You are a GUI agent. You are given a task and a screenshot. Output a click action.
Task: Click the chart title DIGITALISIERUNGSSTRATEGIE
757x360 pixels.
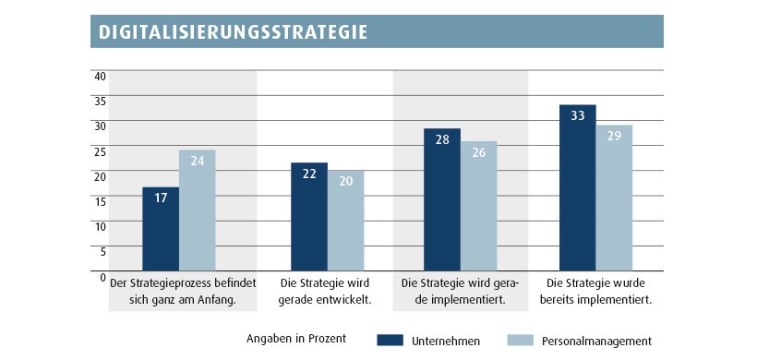pos(231,31)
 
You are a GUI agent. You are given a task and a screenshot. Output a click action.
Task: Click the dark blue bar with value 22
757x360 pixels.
pos(309,217)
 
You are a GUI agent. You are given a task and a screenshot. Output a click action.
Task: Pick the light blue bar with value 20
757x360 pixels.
pos(345,222)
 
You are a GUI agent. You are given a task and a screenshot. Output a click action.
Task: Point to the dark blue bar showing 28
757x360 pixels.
pos(442,199)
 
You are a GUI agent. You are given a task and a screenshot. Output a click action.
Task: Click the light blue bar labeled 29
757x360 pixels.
pos(614,198)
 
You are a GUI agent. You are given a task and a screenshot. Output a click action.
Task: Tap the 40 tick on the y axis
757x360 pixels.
pos(101,76)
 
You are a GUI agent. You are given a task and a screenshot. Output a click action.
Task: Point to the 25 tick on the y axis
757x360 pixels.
pos(101,150)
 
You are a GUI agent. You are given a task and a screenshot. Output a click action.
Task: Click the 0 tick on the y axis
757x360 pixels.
pos(103,276)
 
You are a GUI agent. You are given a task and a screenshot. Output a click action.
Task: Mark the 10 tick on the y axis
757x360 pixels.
pos(101,226)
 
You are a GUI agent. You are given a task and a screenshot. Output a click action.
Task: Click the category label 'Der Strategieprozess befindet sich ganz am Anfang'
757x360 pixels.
pos(183,291)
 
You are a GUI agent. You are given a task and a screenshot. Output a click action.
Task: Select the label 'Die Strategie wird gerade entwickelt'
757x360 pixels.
pos(326,291)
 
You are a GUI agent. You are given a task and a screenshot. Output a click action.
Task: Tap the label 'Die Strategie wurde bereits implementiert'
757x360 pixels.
pos(595,291)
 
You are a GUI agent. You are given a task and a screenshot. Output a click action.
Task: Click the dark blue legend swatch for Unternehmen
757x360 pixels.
pos(391,340)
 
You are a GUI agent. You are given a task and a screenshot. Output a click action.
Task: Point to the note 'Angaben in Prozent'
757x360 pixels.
pos(296,339)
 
